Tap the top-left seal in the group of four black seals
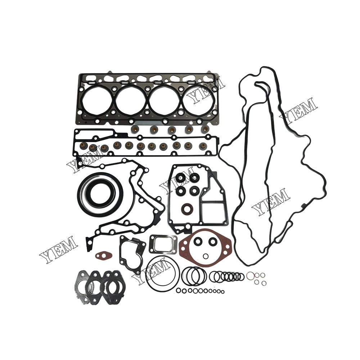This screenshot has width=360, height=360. click(180, 178)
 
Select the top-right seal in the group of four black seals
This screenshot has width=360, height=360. click(195, 177)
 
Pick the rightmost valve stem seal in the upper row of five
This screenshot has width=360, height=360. click(205, 129)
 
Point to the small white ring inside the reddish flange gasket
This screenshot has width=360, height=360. click(206, 256)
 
